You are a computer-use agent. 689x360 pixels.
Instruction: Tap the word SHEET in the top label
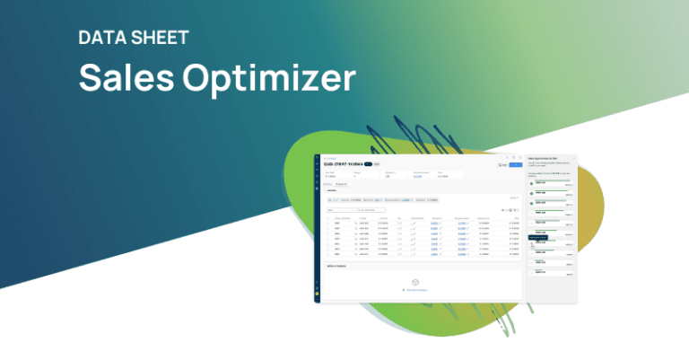(161, 39)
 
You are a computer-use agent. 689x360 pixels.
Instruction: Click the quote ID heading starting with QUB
(342, 164)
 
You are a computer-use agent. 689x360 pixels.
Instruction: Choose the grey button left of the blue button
(502, 165)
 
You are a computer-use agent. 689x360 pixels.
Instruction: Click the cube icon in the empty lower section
(415, 282)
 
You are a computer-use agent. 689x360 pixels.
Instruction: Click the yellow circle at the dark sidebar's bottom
(317, 294)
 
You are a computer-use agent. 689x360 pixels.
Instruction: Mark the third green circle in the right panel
(531, 204)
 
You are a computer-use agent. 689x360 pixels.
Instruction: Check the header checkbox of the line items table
(327, 218)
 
